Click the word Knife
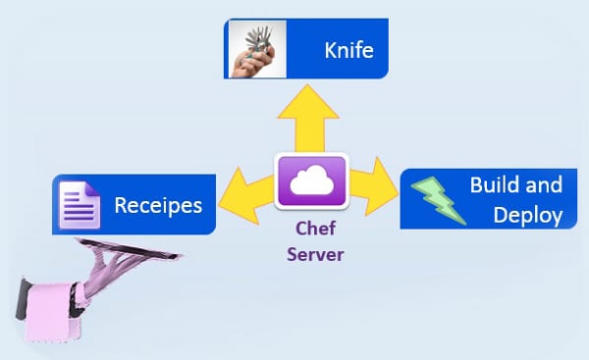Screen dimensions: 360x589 (349, 50)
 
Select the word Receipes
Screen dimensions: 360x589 (158, 206)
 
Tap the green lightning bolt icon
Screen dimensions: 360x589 (433, 199)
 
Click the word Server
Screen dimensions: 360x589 (312, 256)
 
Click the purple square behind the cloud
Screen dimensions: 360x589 (288, 196)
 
